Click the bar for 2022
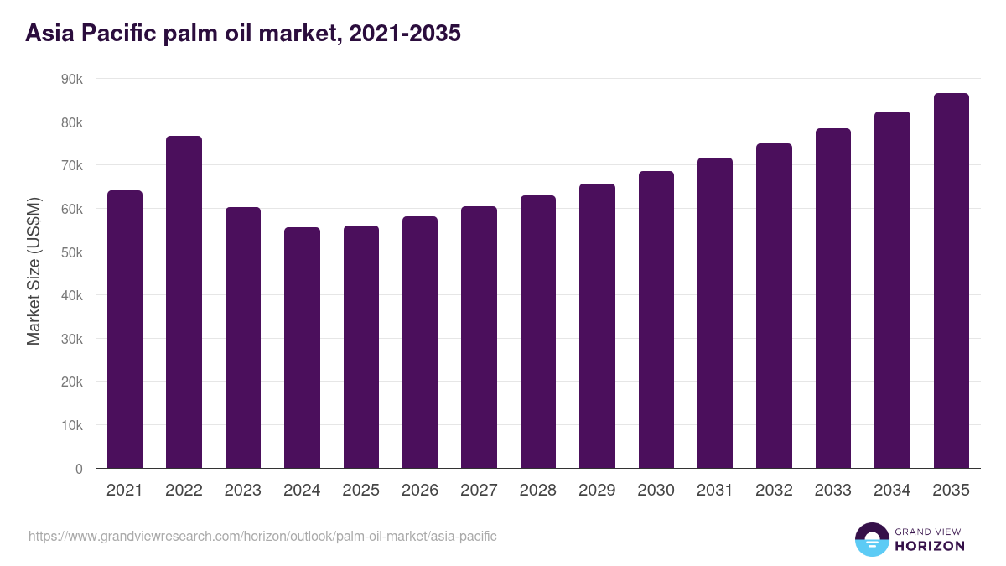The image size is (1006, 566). [184, 302]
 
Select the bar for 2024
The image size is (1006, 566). [302, 348]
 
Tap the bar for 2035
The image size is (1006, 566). [951, 281]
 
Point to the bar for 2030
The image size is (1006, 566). [656, 319]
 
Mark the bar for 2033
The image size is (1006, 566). [832, 299]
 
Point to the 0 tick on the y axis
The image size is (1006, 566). [79, 469]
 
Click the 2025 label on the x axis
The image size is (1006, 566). [360, 491]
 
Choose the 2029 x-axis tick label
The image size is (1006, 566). [597, 491]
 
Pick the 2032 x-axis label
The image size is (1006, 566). [774, 491]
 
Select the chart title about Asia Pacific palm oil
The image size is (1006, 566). [243, 34]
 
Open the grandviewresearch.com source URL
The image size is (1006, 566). [262, 536]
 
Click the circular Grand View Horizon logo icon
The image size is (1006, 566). [871, 539]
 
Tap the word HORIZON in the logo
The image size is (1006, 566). [929, 546]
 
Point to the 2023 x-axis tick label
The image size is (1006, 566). [243, 491]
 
